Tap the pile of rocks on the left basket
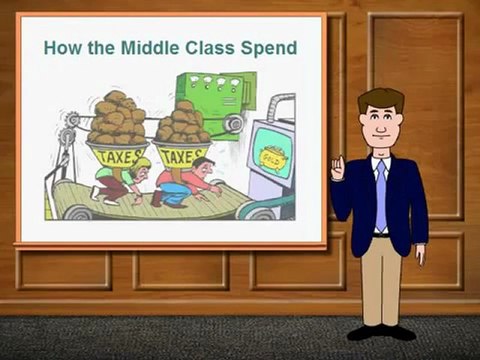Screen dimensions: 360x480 [x=117, y=119]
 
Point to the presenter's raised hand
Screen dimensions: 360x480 [x=338, y=167]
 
